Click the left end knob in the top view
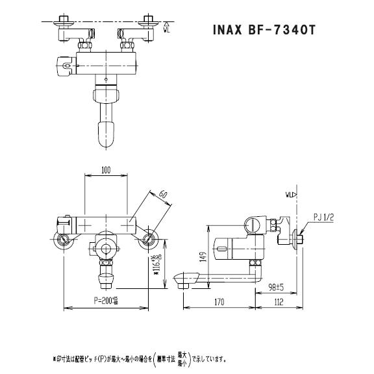pyautogui.click(x=64, y=65)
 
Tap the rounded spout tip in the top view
pyautogui.click(x=105, y=136)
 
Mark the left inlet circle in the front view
pyautogui.click(x=63, y=238)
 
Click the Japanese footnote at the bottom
pyautogui.click(x=139, y=356)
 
